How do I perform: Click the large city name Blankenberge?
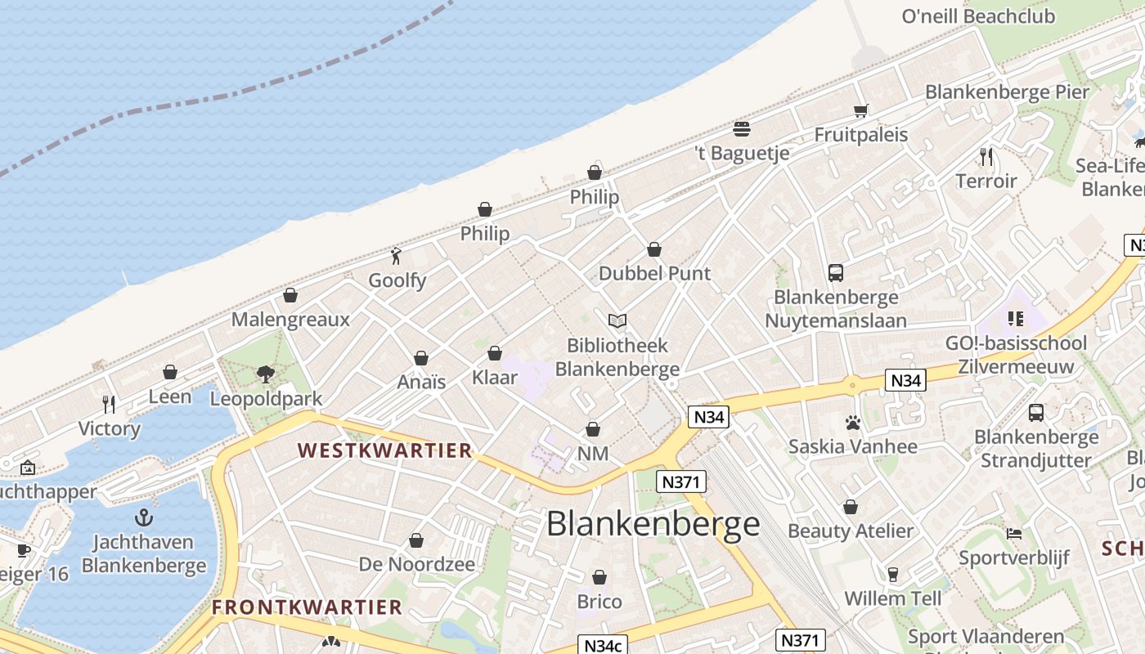tap(653, 524)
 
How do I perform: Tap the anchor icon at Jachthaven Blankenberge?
tap(144, 517)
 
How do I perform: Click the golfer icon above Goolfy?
tap(397, 256)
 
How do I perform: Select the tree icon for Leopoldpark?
tap(265, 374)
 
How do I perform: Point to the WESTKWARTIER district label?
tap(385, 450)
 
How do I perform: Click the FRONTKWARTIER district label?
tap(307, 607)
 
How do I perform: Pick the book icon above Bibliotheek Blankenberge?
tap(617, 320)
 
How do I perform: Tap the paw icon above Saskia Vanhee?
tap(853, 423)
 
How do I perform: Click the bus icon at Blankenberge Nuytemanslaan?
tap(835, 273)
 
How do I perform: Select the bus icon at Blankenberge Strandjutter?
tap(1036, 413)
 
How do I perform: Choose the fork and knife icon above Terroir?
tap(986, 156)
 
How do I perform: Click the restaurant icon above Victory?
tap(109, 404)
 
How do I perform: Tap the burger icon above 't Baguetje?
tap(742, 128)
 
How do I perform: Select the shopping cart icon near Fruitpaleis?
tap(860, 110)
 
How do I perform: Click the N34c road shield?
tap(603, 644)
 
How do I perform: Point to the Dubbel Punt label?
tap(655, 273)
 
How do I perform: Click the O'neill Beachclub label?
tap(978, 16)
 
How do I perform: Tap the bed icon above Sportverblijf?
tap(1014, 534)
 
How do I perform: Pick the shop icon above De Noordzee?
tap(416, 540)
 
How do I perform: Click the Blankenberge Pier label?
tap(1007, 92)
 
